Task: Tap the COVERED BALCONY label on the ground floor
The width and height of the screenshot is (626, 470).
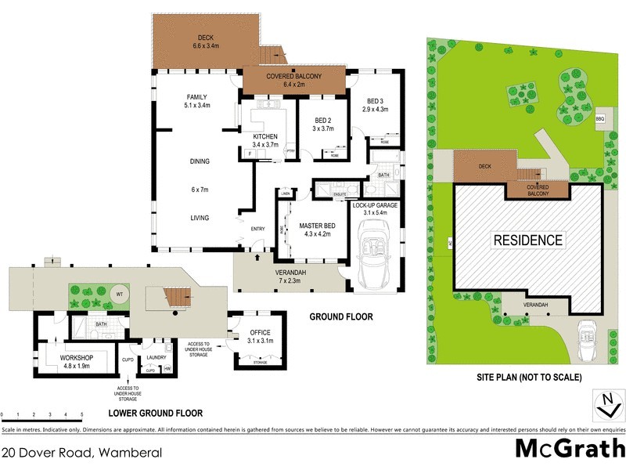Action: [293, 76]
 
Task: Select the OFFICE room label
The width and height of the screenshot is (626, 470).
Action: [259, 333]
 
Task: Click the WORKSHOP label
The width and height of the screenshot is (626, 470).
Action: [77, 358]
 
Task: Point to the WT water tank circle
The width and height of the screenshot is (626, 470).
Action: [120, 295]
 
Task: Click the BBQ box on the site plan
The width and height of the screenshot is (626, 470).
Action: [600, 119]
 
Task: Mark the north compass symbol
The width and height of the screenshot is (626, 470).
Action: [606, 407]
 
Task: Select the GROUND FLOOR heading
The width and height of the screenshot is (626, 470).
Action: [341, 317]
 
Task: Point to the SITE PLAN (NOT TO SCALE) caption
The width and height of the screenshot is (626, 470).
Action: [529, 377]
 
